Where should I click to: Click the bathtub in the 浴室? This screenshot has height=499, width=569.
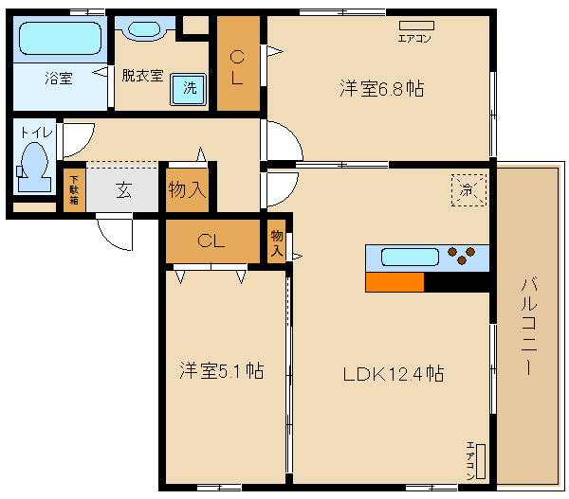pyautogui.click(x=59, y=39)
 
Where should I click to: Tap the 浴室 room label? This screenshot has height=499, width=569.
pyautogui.click(x=58, y=79)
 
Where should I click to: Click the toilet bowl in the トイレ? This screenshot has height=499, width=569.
pyautogui.click(x=35, y=161)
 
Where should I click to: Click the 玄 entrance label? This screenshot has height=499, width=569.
pyautogui.click(x=124, y=189)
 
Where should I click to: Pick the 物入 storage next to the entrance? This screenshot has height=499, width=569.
pyautogui.click(x=186, y=188)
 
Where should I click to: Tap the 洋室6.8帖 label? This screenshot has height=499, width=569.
pyautogui.click(x=381, y=89)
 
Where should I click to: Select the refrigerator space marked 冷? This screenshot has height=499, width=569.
pyautogui.click(x=467, y=189)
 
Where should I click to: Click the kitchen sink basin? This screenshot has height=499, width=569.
pyautogui.click(x=410, y=257)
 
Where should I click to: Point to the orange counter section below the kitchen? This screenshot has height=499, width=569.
pyautogui.click(x=395, y=281)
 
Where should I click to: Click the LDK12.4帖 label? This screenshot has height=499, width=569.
pyautogui.click(x=394, y=373)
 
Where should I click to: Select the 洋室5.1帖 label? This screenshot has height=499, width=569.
pyautogui.click(x=222, y=371)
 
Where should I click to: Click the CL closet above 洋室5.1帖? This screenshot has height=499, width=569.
pyautogui.click(x=211, y=241)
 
